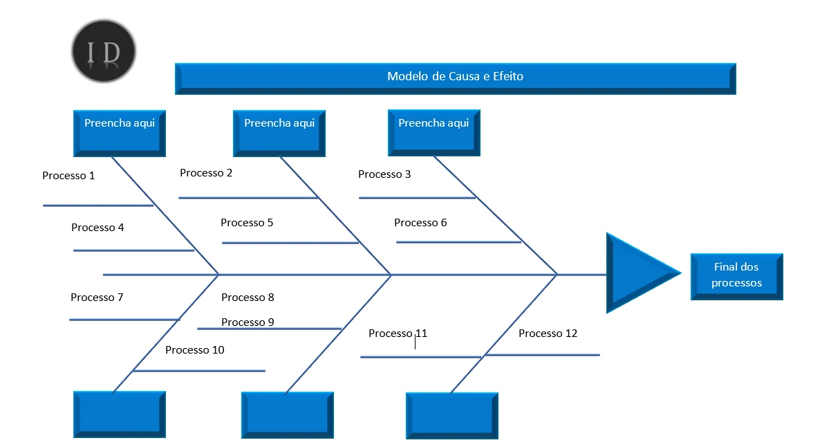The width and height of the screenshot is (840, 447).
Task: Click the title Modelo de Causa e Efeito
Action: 455,77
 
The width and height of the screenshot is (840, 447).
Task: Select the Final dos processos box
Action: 736,275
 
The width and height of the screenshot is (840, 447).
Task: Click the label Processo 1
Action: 68,176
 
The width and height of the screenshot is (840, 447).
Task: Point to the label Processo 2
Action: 206,173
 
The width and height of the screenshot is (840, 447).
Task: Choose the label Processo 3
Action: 384,174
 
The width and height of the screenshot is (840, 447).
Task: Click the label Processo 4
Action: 97,228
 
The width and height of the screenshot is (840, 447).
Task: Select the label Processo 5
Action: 247,223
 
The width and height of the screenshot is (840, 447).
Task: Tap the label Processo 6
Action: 420,223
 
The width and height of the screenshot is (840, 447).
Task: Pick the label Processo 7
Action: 97,298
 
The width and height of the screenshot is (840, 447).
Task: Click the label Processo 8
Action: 248,298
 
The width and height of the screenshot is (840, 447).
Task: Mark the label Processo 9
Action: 248,322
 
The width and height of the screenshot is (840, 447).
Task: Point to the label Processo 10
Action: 195,350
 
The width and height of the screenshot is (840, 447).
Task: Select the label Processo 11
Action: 398,334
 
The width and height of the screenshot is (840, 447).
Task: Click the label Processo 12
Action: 548,334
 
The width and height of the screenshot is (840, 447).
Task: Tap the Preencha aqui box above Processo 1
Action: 120,132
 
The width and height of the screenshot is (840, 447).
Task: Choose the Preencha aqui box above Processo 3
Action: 433,132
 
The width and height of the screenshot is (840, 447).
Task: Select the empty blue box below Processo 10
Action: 120,414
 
